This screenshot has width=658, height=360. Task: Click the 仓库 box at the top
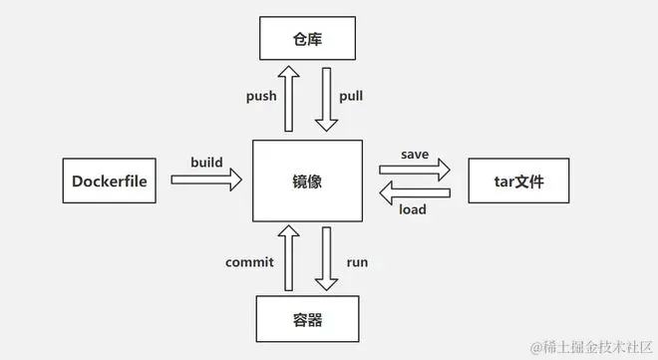[307, 39]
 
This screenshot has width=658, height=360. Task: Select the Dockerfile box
[110, 180]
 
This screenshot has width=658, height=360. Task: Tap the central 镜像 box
[308, 180]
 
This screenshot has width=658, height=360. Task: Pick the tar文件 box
[516, 180]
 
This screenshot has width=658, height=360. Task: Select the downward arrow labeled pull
[326, 99]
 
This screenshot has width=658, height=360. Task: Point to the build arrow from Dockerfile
[206, 180]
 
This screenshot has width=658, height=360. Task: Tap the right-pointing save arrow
[415, 171]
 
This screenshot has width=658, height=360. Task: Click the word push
[261, 97]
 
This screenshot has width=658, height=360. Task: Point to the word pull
[352, 97]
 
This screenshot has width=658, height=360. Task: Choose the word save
[415, 154]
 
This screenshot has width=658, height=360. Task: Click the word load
[413, 209]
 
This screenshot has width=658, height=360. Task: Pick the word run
[357, 262]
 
